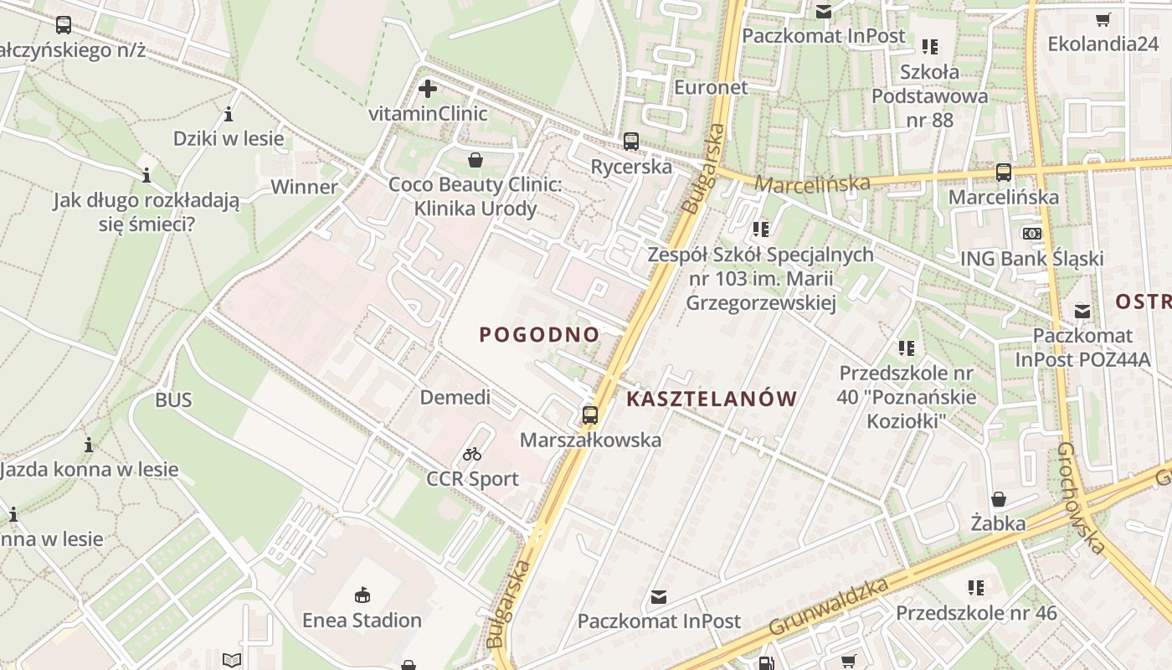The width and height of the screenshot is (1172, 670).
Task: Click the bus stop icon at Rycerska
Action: point(630,142)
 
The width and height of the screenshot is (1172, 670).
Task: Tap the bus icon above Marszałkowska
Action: point(590,415)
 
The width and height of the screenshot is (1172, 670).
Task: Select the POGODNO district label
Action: point(539,335)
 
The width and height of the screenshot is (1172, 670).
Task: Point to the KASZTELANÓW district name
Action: point(711,399)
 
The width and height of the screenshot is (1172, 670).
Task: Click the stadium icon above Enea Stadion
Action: point(362,595)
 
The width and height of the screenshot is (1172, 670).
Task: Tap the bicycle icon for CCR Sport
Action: point(472,454)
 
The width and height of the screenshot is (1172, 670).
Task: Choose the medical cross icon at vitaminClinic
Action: point(428,88)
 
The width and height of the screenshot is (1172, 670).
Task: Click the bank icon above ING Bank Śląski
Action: point(1031,234)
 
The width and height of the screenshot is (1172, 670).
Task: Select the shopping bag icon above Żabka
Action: point(998,499)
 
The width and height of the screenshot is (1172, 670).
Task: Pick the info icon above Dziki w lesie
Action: point(229,114)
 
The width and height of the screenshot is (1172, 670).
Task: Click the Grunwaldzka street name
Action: point(828,606)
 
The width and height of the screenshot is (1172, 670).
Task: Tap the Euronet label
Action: point(711,87)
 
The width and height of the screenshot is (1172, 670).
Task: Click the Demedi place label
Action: point(455,397)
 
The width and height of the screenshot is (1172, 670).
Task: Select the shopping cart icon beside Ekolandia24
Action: point(1103,19)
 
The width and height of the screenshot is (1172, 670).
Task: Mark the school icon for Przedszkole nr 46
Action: point(976,587)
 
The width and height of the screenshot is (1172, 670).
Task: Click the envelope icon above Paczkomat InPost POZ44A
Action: point(1082,311)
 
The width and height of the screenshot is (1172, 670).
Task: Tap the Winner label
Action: point(304,187)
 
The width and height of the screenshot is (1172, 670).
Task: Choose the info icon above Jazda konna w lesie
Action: point(89,445)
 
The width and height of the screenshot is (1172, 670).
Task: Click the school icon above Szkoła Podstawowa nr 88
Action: point(929,47)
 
